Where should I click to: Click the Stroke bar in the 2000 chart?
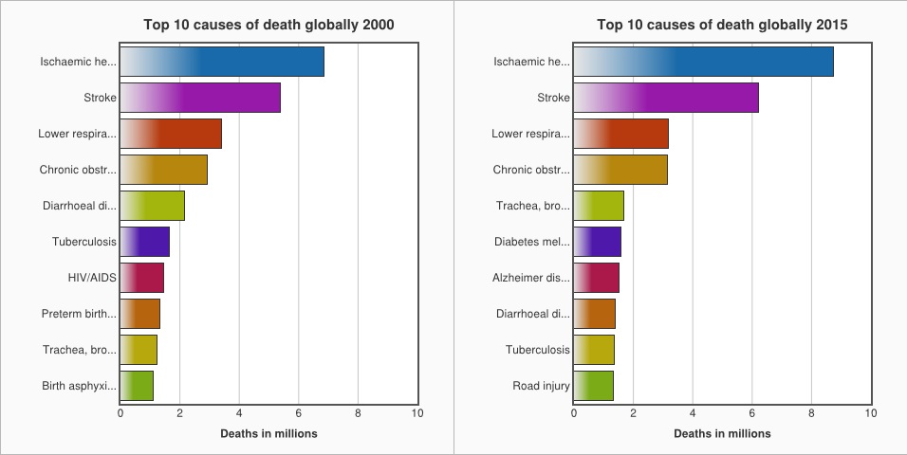(200, 98)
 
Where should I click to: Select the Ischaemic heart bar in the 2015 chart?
(703, 62)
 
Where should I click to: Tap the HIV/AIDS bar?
(142, 278)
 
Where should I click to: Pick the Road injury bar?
(593, 386)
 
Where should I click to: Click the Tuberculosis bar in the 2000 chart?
(145, 242)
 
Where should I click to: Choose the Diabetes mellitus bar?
(597, 242)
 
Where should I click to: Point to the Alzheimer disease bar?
(596, 278)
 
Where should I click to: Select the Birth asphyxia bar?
(137, 386)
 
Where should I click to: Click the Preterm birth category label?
(79, 314)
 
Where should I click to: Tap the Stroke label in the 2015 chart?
(553, 98)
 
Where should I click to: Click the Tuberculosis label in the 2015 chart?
(537, 350)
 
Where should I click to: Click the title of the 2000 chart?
(268, 25)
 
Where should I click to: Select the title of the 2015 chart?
(722, 25)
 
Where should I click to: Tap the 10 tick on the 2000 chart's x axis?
(417, 413)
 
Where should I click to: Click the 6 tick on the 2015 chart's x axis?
(752, 413)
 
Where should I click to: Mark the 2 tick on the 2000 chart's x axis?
(179, 413)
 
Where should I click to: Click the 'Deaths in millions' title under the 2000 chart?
(268, 433)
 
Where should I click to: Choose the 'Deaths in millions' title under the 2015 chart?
(722, 433)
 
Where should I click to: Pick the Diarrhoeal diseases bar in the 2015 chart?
(594, 314)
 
